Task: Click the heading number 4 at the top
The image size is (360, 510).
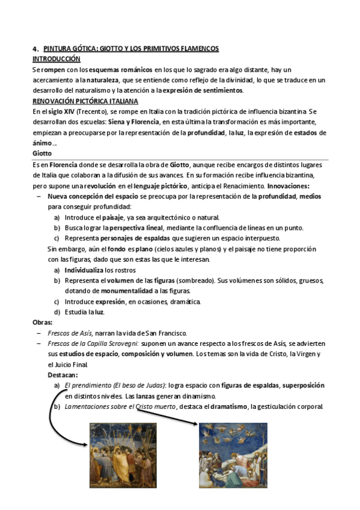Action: point(35,49)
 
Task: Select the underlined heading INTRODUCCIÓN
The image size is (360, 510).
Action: point(56,59)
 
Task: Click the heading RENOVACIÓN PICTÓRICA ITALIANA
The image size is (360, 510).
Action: point(85,101)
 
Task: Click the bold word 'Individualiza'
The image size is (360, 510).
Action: point(84,271)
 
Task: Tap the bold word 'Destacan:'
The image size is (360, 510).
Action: point(63,375)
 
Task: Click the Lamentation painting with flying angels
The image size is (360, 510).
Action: point(233,455)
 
